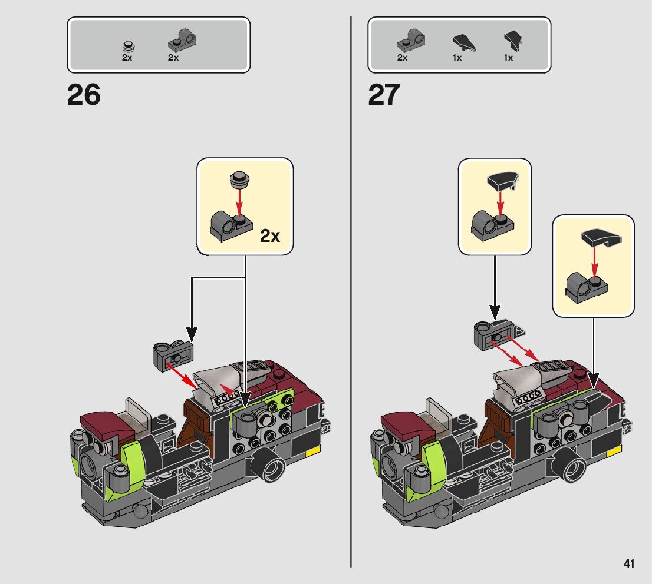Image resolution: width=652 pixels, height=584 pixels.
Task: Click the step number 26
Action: point(84,95)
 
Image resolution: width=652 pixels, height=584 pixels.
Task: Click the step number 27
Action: point(384,95)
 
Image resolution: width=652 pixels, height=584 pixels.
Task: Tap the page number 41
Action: point(628,563)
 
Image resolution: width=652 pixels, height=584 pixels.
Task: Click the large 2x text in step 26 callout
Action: point(270,236)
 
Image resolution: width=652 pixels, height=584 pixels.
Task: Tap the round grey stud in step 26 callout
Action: point(239,177)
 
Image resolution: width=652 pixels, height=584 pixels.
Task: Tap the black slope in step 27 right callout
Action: point(598,238)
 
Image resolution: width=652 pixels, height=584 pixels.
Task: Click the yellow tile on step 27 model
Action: point(614,450)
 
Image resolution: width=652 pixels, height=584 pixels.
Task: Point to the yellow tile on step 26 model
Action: point(312,450)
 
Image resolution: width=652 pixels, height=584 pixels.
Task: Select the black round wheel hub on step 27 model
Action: point(572,467)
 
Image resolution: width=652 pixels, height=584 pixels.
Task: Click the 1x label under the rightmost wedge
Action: point(508,58)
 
